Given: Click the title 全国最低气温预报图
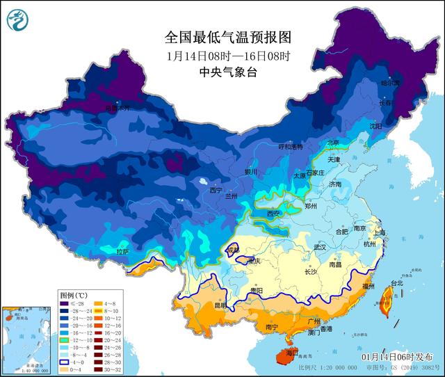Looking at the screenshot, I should point(218,35).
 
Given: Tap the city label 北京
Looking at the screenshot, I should point(333,143).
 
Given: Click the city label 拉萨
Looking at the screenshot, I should point(122,252).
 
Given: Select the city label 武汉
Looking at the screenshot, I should point(320,247).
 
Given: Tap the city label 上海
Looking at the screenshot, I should point(380,234).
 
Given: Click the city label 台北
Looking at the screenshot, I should point(396,284).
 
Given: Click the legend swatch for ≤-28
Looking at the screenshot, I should point(63,304).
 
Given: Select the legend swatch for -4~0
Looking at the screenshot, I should point(63,362).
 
